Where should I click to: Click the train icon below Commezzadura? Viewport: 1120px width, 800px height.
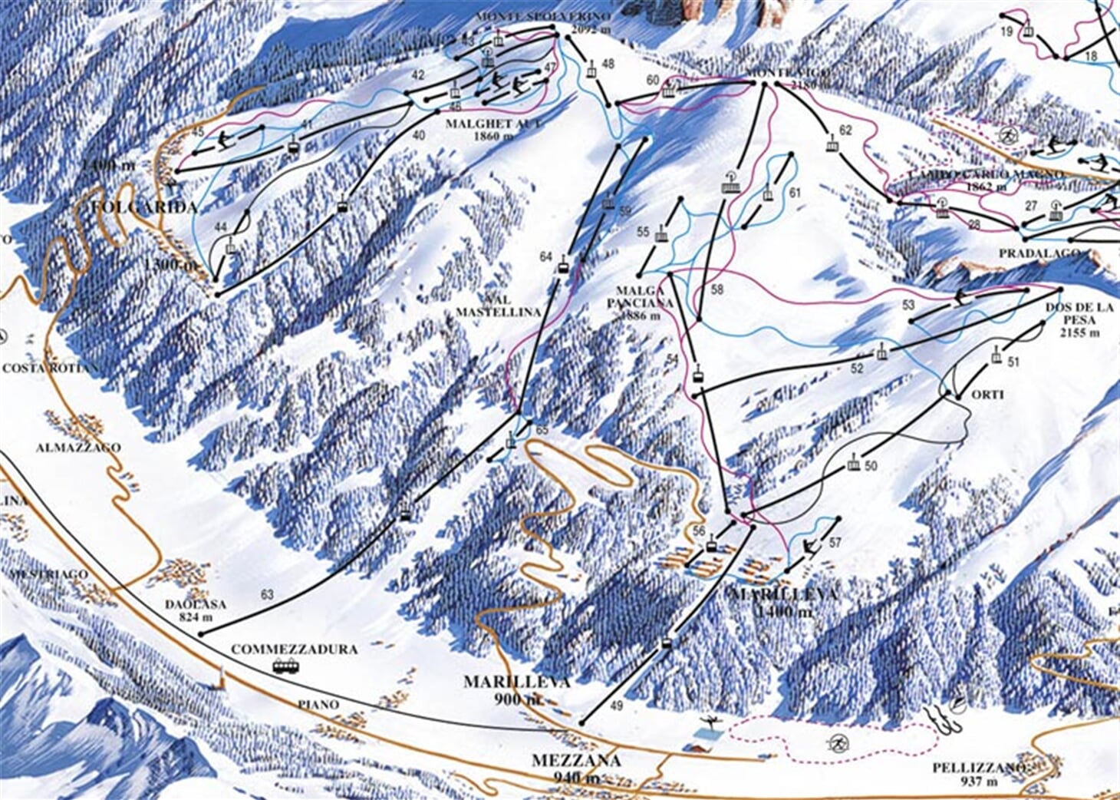(285, 666)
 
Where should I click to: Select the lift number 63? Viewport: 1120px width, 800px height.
(267, 594)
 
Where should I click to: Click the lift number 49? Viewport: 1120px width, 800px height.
(617, 705)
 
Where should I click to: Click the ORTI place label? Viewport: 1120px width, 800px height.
(987, 395)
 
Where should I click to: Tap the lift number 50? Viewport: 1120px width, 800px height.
(870, 466)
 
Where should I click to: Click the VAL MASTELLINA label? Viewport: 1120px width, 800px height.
(499, 306)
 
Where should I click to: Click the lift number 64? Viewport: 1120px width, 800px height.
(545, 257)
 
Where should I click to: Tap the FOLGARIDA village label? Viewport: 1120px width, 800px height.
(143, 207)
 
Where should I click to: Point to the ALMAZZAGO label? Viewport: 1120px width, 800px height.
(77, 447)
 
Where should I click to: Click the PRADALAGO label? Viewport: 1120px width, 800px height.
(1039, 253)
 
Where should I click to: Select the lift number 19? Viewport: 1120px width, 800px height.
(1006, 31)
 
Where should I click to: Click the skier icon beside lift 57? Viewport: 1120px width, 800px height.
(807, 547)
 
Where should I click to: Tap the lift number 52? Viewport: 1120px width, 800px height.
(857, 369)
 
